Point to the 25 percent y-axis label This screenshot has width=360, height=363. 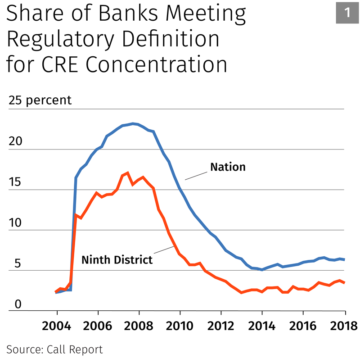tap(40, 100)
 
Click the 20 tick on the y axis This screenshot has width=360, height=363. tap(15, 141)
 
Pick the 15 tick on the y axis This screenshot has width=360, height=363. tap(15, 182)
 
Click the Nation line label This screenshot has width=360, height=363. tap(228, 167)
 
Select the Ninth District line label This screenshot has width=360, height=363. tap(117, 259)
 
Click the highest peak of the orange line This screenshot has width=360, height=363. tap(128, 172)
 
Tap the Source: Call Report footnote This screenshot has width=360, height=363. tap(54, 349)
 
